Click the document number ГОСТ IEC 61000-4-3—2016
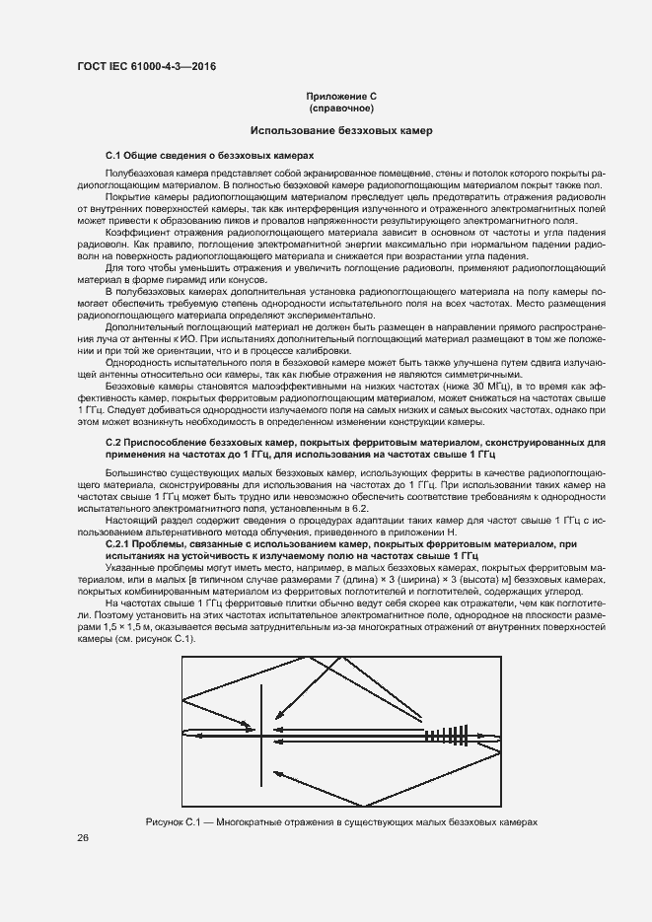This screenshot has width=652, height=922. [x=146, y=66]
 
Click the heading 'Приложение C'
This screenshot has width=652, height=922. [x=341, y=96]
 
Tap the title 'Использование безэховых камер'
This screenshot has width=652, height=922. [x=341, y=131]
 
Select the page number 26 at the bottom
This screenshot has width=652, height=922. [x=84, y=837]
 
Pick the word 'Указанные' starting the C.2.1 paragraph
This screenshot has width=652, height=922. [x=129, y=568]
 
